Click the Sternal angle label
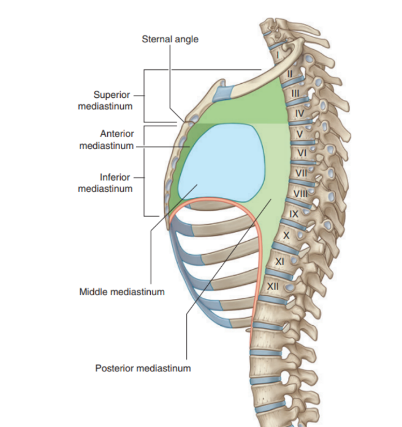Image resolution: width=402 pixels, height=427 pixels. (x=170, y=40)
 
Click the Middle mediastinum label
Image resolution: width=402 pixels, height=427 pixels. (x=122, y=292)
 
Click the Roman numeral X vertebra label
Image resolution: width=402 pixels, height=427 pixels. (x=286, y=235)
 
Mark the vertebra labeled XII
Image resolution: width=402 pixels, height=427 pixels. (x=273, y=286)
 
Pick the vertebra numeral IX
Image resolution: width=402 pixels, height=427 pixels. (x=294, y=214)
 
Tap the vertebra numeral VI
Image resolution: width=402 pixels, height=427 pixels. (x=302, y=152)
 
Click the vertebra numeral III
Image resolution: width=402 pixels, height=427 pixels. (x=295, y=93)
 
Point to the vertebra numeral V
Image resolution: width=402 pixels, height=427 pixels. (x=300, y=133)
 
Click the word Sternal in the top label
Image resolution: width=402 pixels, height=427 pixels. (x=156, y=40)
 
